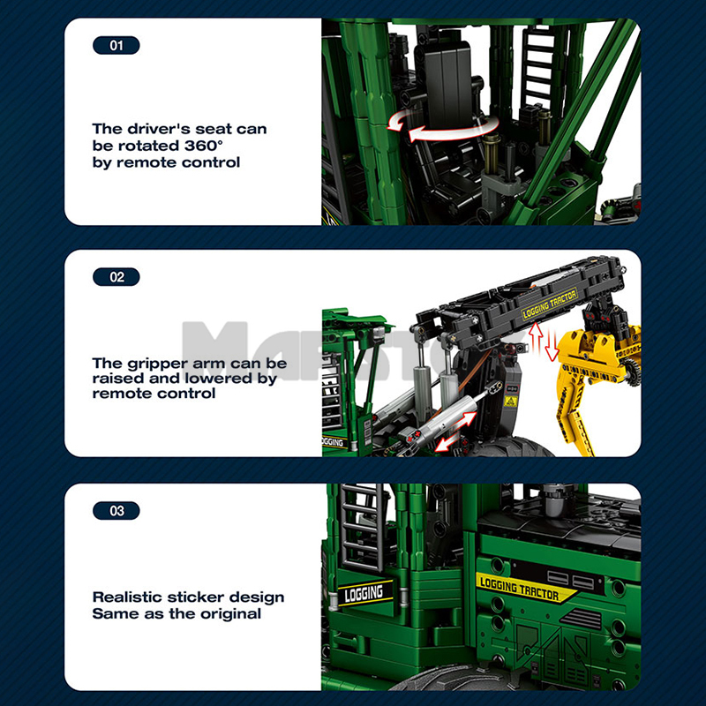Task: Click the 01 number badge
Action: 116,44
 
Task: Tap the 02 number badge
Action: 116,276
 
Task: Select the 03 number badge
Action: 116,510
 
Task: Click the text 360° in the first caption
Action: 211,146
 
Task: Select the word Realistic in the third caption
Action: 129,597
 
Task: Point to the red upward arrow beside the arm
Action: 536,338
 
